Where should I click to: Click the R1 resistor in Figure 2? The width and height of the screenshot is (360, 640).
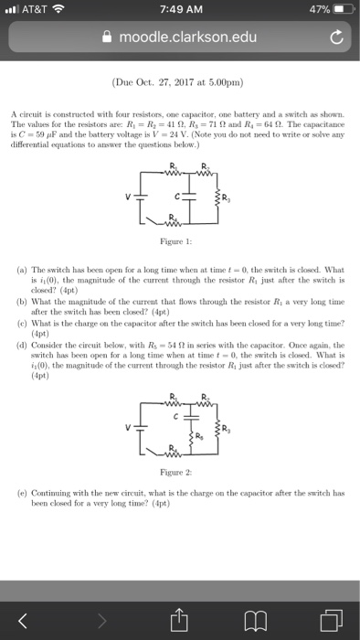coord(167,427)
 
